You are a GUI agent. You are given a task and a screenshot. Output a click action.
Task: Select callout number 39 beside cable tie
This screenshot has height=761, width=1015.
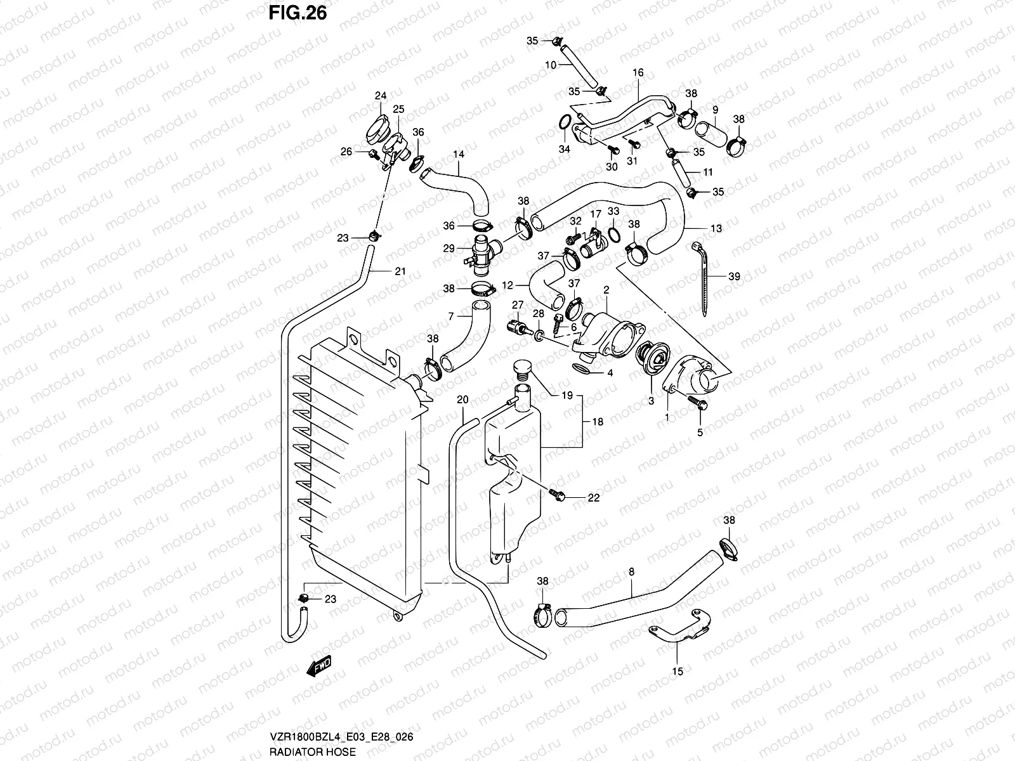point(734,276)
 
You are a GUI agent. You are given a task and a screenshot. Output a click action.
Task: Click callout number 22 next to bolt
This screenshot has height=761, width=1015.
point(593,498)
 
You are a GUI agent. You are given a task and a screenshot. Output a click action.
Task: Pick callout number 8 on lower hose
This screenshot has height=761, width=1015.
point(631,572)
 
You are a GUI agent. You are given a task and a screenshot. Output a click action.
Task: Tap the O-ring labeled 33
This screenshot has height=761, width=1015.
point(614,235)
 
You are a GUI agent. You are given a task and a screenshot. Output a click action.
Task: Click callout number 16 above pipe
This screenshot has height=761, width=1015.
point(638,73)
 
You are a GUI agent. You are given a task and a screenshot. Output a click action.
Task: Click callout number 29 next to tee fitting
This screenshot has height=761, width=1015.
point(449,249)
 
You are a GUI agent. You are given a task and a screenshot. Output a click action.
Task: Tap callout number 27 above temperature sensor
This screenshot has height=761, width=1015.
point(518,305)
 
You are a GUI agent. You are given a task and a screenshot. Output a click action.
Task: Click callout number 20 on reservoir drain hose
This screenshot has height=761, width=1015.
point(462,400)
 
